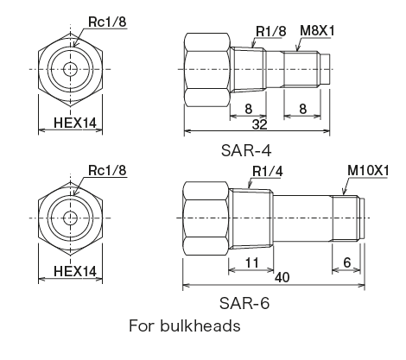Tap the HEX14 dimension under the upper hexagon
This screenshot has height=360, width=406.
point(75,123)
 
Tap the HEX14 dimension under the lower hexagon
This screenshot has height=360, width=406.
point(75,270)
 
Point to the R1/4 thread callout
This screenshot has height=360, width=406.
point(267,171)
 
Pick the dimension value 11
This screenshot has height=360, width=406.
point(250,260)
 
